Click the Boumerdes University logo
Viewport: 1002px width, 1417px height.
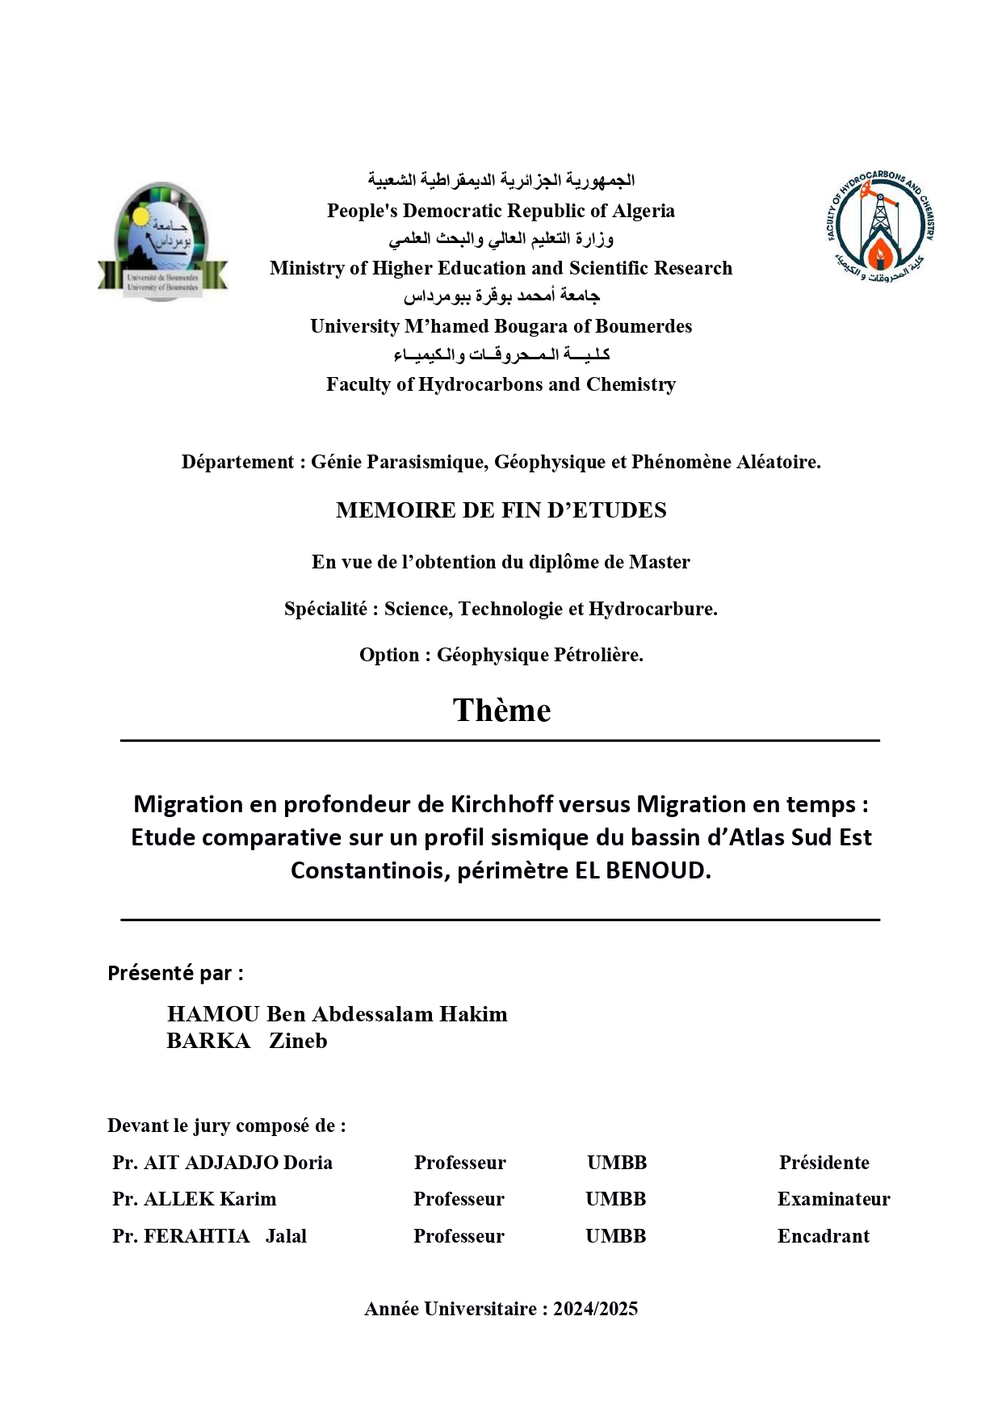point(162,241)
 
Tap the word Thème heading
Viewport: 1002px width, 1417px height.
point(501,711)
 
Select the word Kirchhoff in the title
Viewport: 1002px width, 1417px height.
point(501,804)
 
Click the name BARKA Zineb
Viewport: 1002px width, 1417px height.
point(247,1041)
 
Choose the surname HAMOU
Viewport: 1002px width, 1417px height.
point(213,1014)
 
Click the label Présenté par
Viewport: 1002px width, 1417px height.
point(175,973)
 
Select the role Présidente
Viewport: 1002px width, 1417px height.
point(824,1163)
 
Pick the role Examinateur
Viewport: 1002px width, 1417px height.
point(833,1199)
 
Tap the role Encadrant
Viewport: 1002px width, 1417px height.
point(823,1236)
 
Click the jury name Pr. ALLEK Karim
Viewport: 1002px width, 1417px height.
point(195,1199)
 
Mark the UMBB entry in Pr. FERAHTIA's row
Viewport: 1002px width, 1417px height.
point(615,1236)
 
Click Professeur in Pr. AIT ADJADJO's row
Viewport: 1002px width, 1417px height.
point(459,1163)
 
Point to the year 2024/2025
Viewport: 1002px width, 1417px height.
point(595,1309)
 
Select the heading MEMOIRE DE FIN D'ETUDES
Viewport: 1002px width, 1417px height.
point(501,510)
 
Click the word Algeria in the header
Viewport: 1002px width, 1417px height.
point(644,211)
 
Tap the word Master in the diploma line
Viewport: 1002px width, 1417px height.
point(659,562)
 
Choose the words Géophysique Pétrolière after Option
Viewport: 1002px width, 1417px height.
point(539,655)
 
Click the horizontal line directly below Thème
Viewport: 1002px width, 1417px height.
point(500,740)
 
